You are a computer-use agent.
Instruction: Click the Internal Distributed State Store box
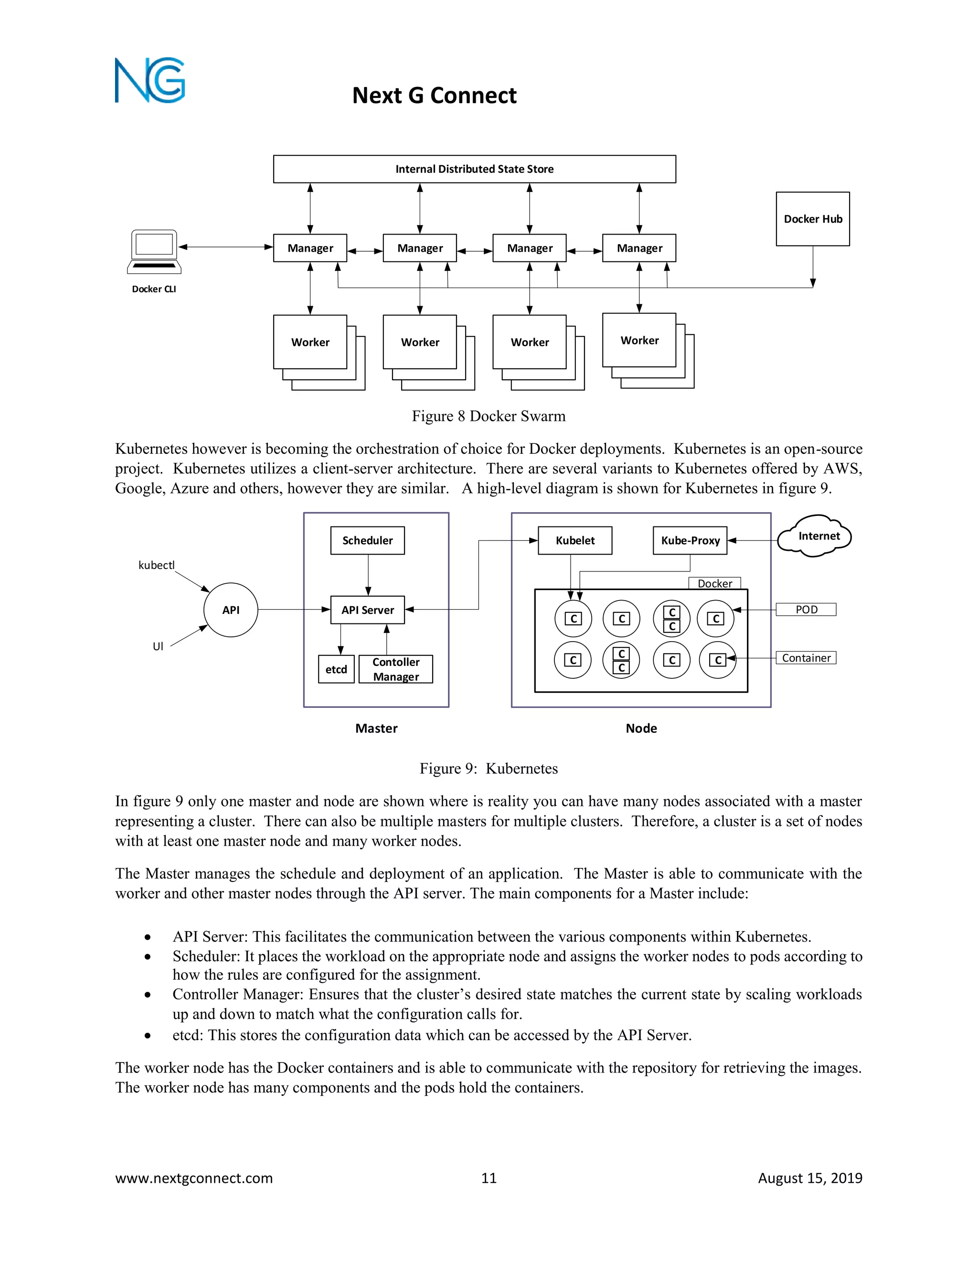(474, 169)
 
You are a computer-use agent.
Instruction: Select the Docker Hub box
(812, 218)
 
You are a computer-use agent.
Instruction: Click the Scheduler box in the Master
(367, 540)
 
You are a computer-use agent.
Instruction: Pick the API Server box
(367, 610)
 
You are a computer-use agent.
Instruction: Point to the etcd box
(336, 669)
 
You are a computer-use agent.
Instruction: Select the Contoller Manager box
(396, 669)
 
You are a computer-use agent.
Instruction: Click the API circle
(231, 610)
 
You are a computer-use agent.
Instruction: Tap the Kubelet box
(575, 540)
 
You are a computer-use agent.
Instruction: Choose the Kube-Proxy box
(690, 540)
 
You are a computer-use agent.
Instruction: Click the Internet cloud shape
(816, 536)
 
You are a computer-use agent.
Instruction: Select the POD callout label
(806, 609)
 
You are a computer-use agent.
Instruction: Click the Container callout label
(806, 658)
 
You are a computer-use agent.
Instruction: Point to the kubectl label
(157, 565)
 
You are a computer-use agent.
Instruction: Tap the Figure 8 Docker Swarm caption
(489, 416)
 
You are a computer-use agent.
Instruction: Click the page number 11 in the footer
(489, 1178)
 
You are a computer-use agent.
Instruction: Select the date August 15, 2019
(809, 1178)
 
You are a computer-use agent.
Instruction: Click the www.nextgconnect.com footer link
(193, 1178)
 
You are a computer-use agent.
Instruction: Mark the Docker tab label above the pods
(714, 583)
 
